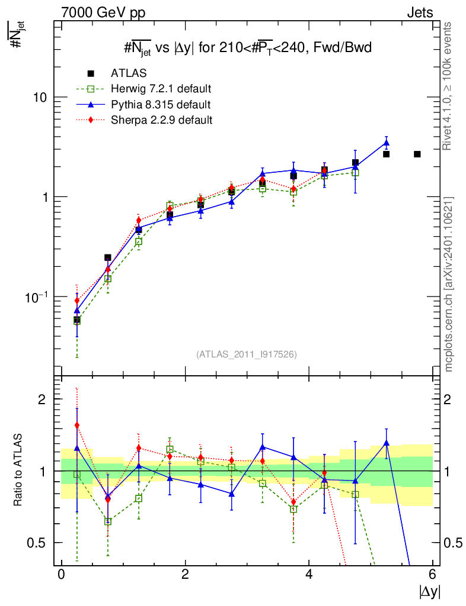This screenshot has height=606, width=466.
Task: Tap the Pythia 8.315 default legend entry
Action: point(161,105)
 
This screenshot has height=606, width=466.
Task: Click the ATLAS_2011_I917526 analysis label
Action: point(247,354)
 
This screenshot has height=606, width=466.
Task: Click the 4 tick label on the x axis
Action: point(309,575)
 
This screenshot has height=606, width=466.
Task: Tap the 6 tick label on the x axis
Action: point(433,575)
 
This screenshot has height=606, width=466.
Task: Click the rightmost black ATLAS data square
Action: point(417,154)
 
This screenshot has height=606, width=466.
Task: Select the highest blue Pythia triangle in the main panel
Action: point(386,143)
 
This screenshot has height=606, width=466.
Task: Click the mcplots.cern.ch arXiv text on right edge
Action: point(449,283)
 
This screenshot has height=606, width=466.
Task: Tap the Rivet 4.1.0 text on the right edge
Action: point(449,86)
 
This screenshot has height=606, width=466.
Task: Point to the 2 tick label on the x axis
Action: point(185,575)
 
